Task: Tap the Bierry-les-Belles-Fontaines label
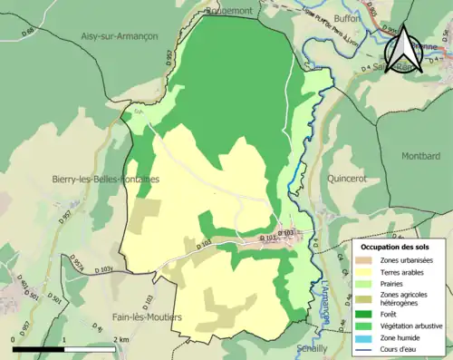[106, 180]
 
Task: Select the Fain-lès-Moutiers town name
[139, 317]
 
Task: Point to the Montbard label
[419, 156]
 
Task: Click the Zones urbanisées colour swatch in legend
[366, 260]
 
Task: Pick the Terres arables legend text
[404, 271]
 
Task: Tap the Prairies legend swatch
[366, 283]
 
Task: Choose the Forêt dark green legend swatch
[366, 314]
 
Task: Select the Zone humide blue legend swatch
[366, 337]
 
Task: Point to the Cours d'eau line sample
[366, 348]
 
